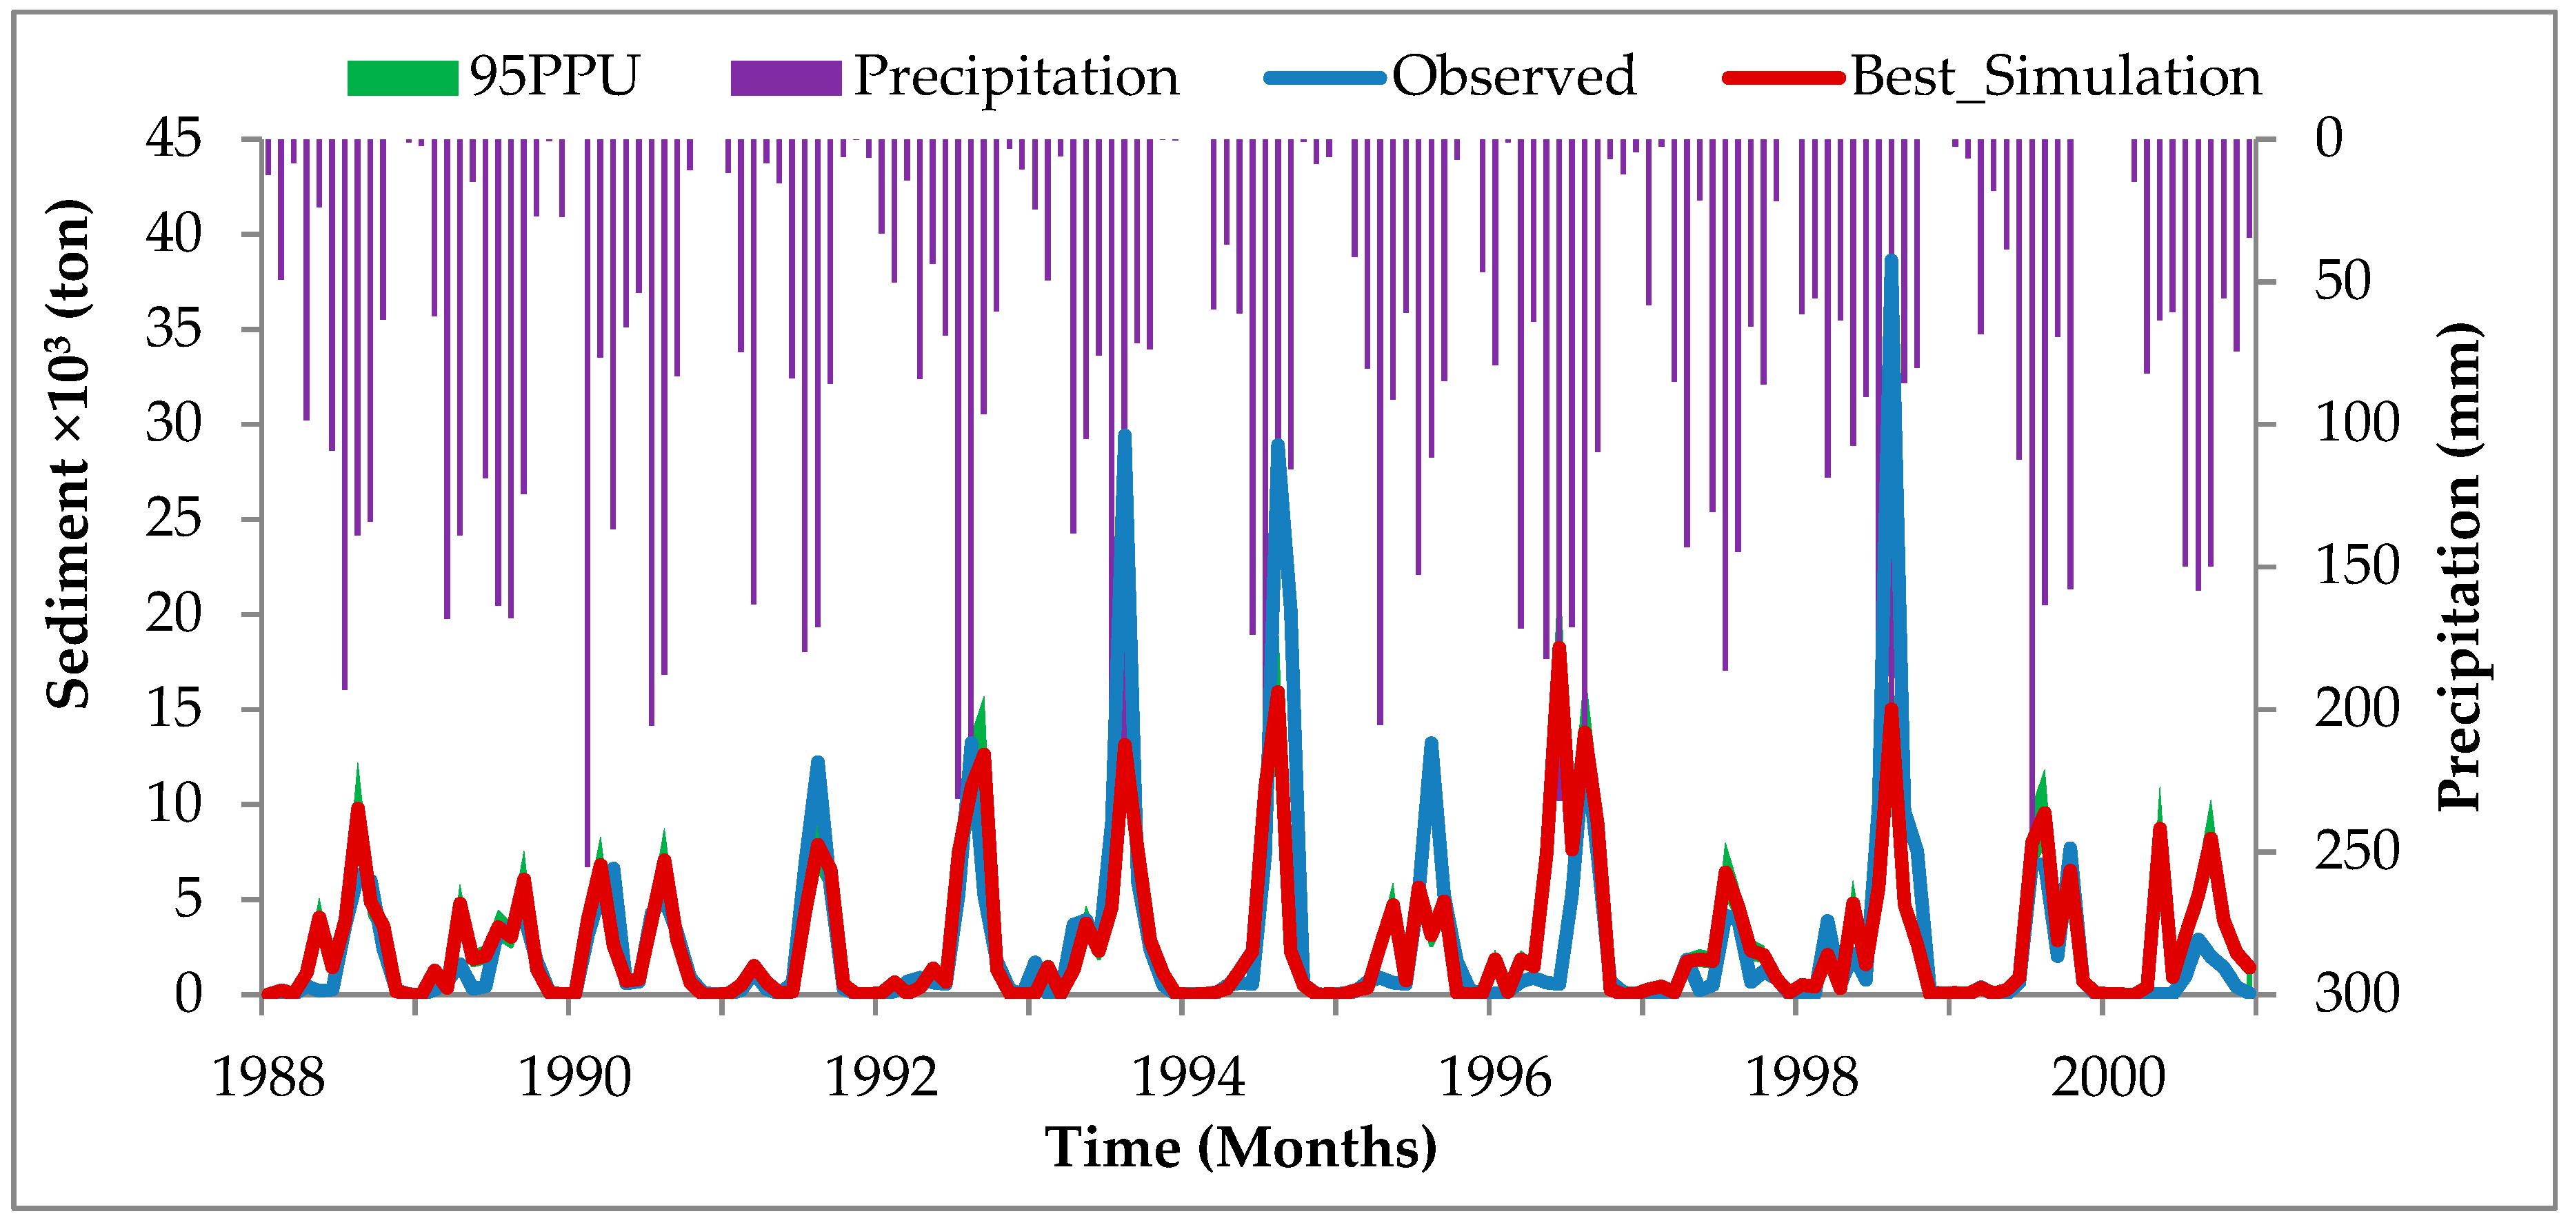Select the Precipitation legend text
click(1015, 77)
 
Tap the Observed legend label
click(1512, 76)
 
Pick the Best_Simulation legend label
click(2056, 77)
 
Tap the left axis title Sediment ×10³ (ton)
click(68, 454)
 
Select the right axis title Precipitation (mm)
click(2458, 567)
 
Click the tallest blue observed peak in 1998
click(1890, 261)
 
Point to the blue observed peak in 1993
click(1125, 436)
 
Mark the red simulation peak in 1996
click(1559, 648)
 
